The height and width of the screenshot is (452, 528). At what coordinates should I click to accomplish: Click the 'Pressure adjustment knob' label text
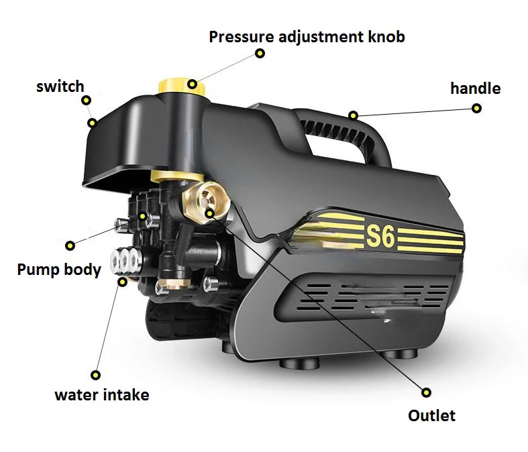point(307,37)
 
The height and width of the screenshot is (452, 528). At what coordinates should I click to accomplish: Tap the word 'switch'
point(60,87)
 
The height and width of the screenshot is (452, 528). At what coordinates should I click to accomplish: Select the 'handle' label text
point(476,89)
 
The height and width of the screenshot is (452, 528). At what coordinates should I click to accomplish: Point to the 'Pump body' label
point(59,270)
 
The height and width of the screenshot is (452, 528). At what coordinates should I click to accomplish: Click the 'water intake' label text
point(102,395)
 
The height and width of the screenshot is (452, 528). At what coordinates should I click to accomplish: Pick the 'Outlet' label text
point(431,416)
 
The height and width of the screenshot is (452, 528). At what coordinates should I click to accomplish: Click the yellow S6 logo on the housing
point(380,237)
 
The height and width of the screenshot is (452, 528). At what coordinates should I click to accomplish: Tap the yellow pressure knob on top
point(182,86)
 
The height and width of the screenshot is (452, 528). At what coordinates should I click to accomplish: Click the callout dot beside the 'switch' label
point(86,101)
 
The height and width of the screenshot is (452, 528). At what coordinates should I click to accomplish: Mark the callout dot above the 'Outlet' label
point(426,392)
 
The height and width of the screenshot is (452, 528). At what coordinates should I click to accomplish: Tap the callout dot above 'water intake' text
point(96,375)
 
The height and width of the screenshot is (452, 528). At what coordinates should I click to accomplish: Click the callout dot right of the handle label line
point(476,109)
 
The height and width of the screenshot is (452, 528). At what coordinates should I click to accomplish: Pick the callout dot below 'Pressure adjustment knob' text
point(260,53)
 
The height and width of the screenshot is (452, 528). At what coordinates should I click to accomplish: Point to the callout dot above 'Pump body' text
point(70,245)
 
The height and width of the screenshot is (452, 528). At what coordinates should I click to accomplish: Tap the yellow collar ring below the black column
point(177,176)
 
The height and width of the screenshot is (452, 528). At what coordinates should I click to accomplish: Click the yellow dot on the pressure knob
point(193,84)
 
